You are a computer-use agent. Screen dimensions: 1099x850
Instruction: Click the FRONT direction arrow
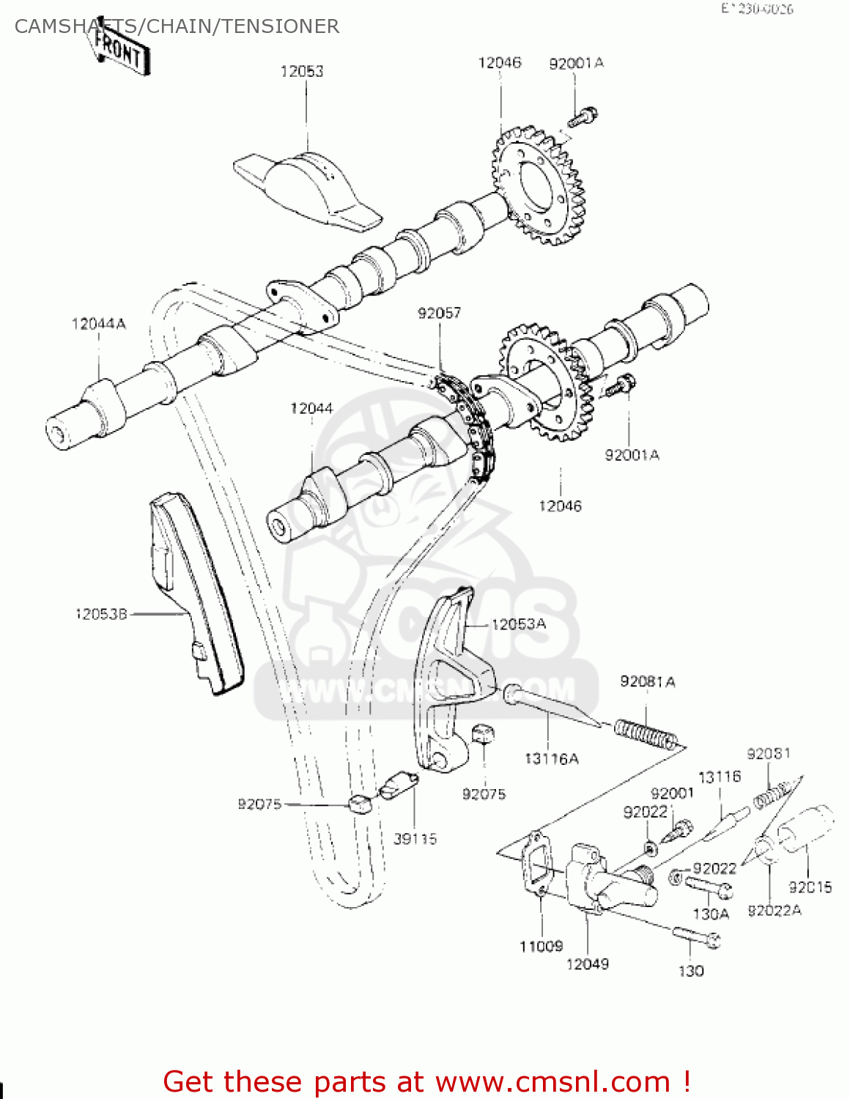[119, 51]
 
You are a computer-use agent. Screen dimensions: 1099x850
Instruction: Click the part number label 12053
[301, 71]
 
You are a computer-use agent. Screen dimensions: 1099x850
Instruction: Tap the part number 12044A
[99, 324]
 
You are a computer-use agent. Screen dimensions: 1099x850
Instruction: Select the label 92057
[439, 313]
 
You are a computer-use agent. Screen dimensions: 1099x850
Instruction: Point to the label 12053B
[101, 614]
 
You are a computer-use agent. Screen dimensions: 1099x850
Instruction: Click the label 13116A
[551, 758]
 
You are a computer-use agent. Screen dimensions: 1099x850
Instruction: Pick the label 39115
[415, 839]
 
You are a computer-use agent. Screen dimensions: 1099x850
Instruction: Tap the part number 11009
[541, 947]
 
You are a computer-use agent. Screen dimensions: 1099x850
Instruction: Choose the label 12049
[587, 964]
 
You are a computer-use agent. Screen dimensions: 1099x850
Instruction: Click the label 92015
[810, 887]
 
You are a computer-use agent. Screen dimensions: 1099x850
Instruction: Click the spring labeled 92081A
[646, 733]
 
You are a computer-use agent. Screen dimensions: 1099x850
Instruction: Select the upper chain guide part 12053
[308, 187]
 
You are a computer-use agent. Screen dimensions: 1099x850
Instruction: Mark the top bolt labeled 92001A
[583, 116]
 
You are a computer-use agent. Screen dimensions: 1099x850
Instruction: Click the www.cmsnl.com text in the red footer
[553, 1081]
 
